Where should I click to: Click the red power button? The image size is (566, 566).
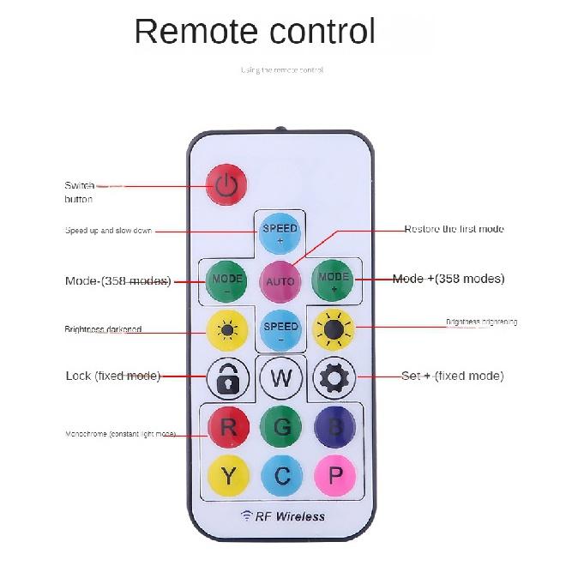point(226,185)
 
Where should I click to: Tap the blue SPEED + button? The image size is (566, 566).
point(280,233)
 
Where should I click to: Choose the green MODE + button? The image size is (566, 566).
point(334,280)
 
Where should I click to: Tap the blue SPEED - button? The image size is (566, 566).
point(280,330)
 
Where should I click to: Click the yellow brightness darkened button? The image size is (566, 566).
point(227,329)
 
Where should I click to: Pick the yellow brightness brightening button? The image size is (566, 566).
point(334,328)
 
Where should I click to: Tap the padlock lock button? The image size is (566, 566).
point(227,377)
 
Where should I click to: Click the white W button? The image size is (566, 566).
point(280,377)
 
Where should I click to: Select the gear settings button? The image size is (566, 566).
point(334,377)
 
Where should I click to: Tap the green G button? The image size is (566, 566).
point(280,426)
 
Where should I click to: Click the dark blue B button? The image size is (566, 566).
point(334,426)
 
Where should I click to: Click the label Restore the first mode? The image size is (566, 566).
point(454,230)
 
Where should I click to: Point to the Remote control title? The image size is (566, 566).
point(255,32)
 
